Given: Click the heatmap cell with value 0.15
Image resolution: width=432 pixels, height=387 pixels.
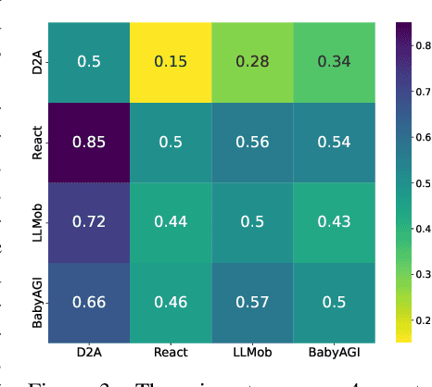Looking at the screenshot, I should point(171,62).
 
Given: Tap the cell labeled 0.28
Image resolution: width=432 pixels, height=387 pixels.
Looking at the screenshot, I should point(252,62).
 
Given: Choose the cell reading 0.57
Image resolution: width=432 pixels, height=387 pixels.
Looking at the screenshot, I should point(252,302).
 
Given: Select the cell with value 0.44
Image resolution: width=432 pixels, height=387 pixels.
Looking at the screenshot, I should point(171,222).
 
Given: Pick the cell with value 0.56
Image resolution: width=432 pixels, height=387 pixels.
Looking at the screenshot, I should point(252,142).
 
